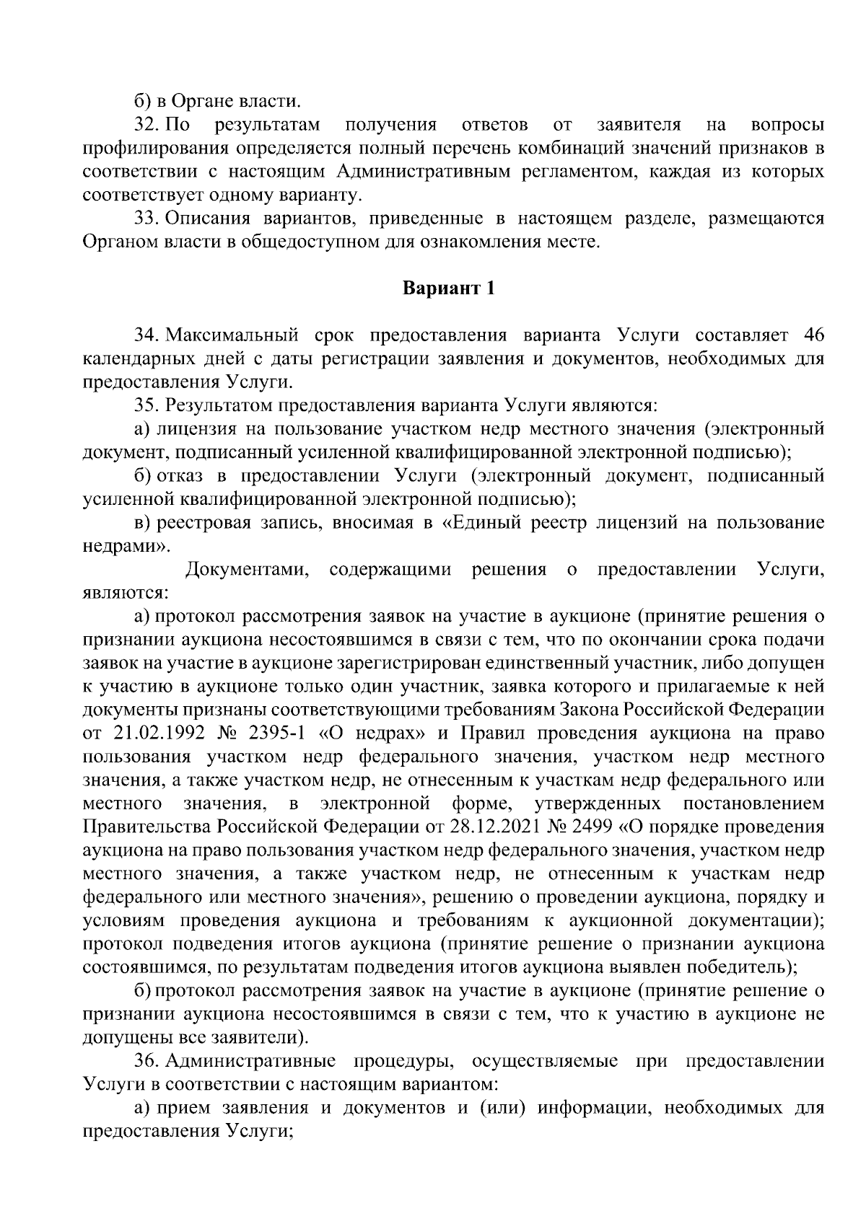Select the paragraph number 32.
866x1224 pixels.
pyautogui.click(x=146, y=125)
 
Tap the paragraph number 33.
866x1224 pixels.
pyautogui.click(x=146, y=219)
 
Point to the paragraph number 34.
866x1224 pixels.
pyautogui.click(x=146, y=335)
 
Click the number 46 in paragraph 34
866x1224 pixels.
pyautogui.click(x=813, y=335)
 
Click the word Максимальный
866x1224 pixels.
pyautogui.click(x=232, y=335)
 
